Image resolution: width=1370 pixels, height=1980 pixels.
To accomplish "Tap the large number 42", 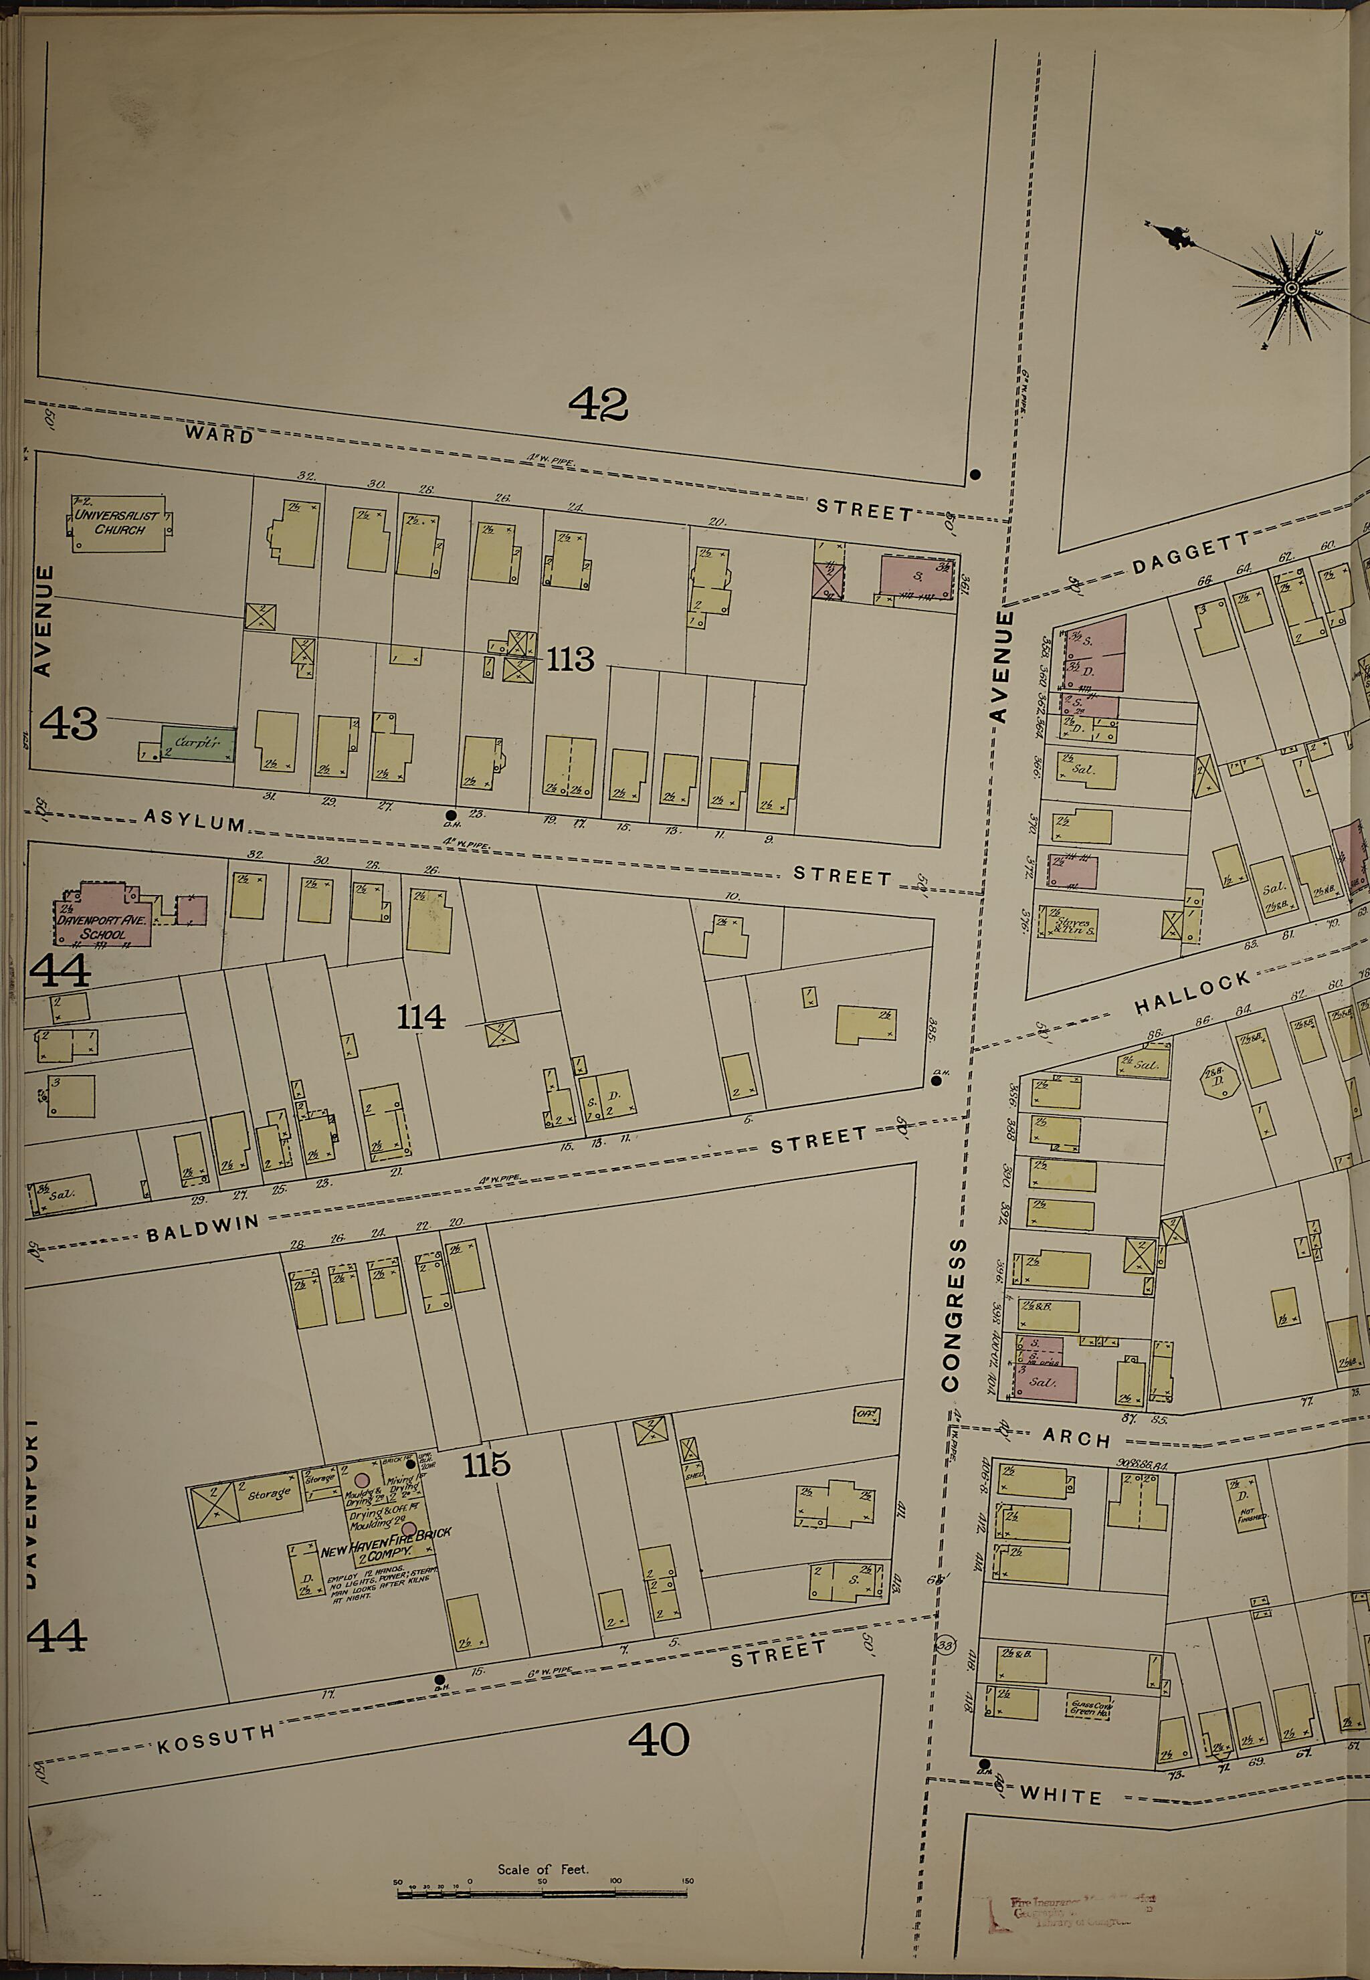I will coord(610,403).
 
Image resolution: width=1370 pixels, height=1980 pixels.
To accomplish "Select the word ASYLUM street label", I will coord(194,823).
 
